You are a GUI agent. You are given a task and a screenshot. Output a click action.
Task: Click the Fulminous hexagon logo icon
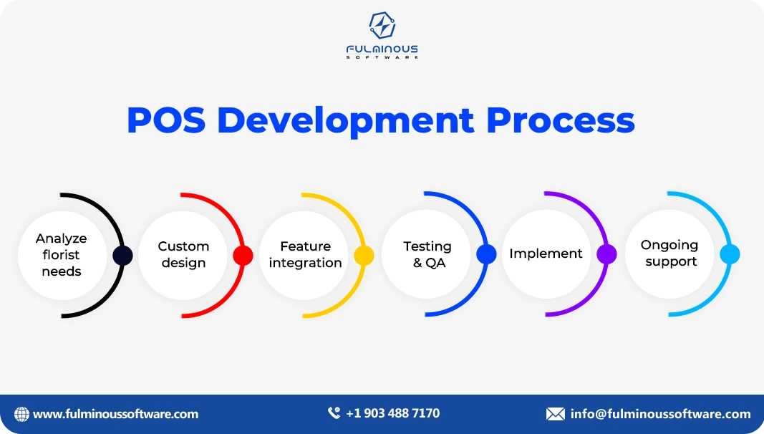tap(382, 26)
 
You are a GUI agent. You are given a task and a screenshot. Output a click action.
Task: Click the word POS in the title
tap(166, 120)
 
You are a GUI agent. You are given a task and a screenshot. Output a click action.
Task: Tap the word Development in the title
tap(346, 120)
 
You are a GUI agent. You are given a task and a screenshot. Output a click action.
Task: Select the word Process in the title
tap(560, 120)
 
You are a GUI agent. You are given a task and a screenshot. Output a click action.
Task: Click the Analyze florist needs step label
tap(62, 255)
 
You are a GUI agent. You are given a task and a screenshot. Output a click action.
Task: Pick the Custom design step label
tap(183, 255)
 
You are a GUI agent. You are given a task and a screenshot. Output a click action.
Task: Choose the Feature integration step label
tap(305, 255)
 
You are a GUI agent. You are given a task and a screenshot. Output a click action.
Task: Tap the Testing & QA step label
tap(427, 255)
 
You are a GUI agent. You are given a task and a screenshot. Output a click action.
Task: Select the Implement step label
tap(546, 254)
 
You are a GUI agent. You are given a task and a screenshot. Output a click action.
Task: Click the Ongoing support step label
tap(669, 254)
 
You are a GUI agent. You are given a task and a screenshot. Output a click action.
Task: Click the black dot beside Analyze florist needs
tap(122, 256)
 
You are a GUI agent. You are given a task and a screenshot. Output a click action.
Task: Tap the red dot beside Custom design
tap(243, 256)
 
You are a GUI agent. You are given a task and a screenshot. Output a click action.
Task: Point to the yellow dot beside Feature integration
tap(364, 256)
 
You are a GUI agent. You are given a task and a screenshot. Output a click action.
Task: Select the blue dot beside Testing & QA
tap(486, 254)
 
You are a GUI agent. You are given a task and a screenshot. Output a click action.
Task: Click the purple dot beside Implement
tap(606, 254)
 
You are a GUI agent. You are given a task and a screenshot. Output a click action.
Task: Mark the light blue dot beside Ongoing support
tap(730, 254)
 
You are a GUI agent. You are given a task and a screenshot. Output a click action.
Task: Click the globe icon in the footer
tap(21, 414)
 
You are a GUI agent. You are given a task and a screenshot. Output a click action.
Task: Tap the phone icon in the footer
tap(334, 413)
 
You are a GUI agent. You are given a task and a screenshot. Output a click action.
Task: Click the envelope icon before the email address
tap(555, 414)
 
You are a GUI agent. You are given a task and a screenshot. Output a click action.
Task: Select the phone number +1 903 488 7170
tap(392, 413)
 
